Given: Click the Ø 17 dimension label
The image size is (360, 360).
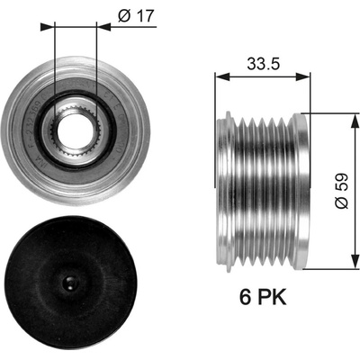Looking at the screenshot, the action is [x=136, y=15].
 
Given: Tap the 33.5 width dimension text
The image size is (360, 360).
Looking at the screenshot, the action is [x=263, y=64].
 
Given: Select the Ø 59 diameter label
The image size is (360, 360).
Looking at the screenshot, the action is [x=342, y=191].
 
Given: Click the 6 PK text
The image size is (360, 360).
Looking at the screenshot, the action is [x=263, y=297].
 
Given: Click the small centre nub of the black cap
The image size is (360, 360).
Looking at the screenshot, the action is [x=71, y=283].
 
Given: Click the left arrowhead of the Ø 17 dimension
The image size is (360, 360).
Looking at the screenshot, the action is [x=48, y=27].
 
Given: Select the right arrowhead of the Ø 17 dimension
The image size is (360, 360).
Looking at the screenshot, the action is [x=103, y=27].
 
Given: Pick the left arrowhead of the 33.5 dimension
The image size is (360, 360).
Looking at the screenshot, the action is [x=222, y=76].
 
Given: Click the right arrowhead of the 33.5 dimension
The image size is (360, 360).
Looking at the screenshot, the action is [x=303, y=76].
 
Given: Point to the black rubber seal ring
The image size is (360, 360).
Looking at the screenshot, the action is [x=76, y=130].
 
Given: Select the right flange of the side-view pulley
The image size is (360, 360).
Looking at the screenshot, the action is [x=300, y=191].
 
